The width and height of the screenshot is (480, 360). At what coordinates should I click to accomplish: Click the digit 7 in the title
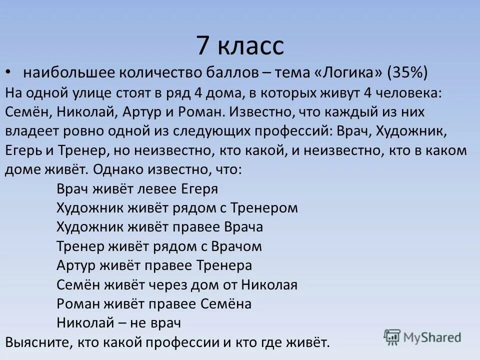click(x=202, y=45)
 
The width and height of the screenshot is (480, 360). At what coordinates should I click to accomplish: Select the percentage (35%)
click(x=407, y=72)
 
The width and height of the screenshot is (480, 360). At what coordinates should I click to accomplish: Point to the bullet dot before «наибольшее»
click(x=8, y=72)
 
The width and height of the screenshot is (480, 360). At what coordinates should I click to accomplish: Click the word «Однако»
click(x=119, y=169)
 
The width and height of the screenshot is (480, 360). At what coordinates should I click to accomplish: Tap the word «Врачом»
click(x=237, y=246)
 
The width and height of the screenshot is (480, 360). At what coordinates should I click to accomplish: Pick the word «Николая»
click(x=269, y=285)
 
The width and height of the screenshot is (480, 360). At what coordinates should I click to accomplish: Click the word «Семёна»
click(x=225, y=304)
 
